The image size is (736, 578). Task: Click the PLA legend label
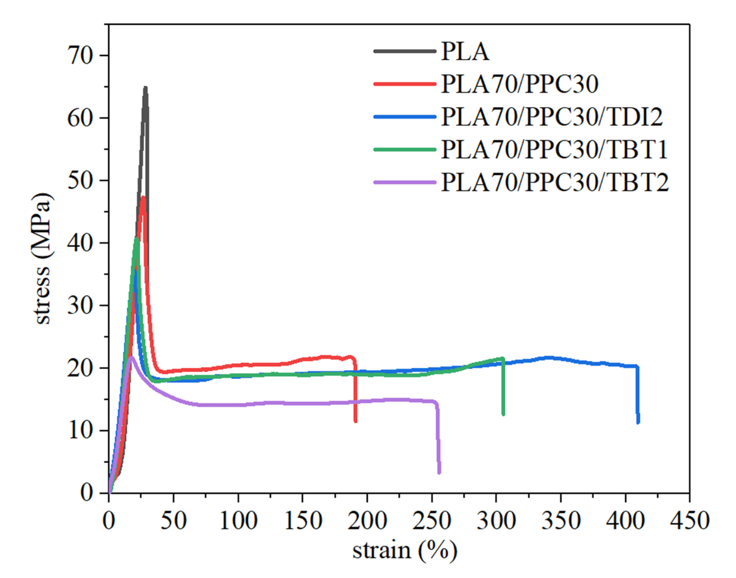465,52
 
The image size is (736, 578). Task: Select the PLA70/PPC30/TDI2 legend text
552,117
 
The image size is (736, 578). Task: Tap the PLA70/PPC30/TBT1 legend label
554,149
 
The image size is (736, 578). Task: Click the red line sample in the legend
405,84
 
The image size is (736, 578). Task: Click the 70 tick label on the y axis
80,56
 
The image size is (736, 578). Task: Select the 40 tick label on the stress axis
80,243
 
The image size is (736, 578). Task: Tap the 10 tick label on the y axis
80,431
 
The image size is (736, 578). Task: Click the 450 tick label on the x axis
689,520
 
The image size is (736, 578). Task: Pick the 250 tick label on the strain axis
431,520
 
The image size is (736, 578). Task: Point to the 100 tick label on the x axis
238,520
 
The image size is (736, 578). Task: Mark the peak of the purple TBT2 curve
132,357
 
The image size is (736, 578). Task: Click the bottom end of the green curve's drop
503,414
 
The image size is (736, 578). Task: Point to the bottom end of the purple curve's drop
439,473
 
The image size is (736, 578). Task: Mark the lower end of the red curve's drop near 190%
355,421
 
